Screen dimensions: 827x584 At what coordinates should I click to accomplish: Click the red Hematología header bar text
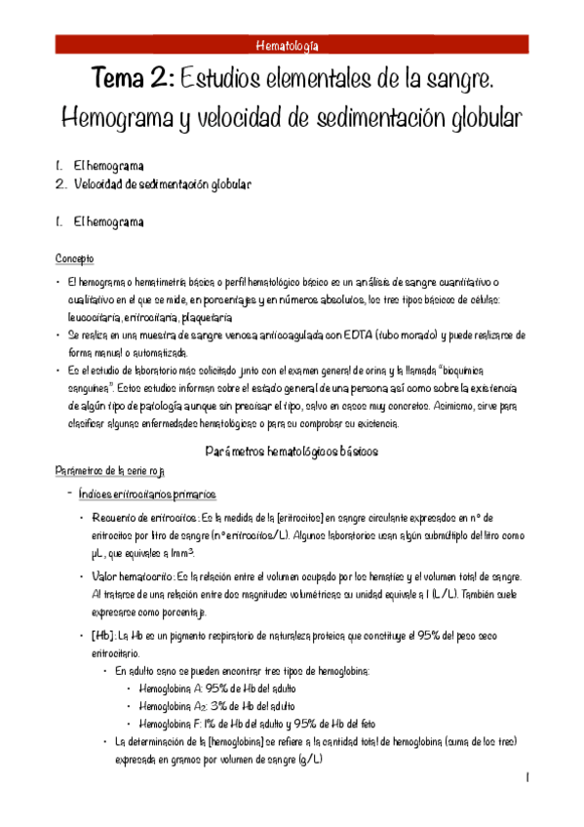click(292, 45)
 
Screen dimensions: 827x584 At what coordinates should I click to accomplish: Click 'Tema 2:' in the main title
click(132, 77)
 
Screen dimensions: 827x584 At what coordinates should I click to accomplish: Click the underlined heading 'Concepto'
click(75, 258)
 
